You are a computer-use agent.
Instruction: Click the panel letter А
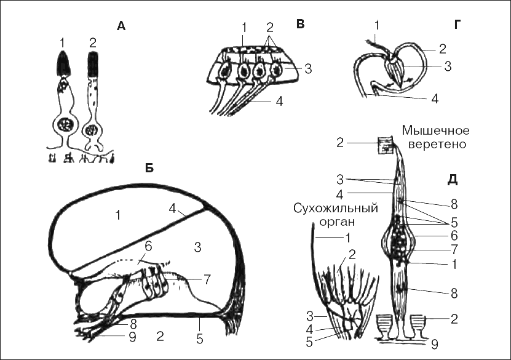(x=121, y=26)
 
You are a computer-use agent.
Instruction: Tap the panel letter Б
(x=149, y=168)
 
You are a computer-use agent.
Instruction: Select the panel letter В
(x=300, y=24)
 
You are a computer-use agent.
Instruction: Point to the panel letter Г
(x=457, y=25)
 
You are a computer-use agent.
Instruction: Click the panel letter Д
(x=452, y=180)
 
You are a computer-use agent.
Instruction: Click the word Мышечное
(x=436, y=130)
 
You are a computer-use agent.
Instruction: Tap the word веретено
(x=437, y=144)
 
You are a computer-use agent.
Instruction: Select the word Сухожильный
(x=336, y=209)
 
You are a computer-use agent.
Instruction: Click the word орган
(x=336, y=222)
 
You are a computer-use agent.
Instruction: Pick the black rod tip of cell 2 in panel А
(x=93, y=64)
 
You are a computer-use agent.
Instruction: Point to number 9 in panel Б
(x=132, y=337)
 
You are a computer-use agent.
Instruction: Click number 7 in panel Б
(x=207, y=279)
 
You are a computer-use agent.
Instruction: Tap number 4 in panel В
(x=279, y=101)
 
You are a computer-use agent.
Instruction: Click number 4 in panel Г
(x=435, y=98)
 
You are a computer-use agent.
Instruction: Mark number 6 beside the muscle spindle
(x=454, y=236)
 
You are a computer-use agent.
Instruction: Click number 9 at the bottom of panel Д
(x=434, y=345)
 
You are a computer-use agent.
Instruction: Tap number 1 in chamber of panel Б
(x=118, y=215)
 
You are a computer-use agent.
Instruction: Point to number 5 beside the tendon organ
(x=309, y=342)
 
